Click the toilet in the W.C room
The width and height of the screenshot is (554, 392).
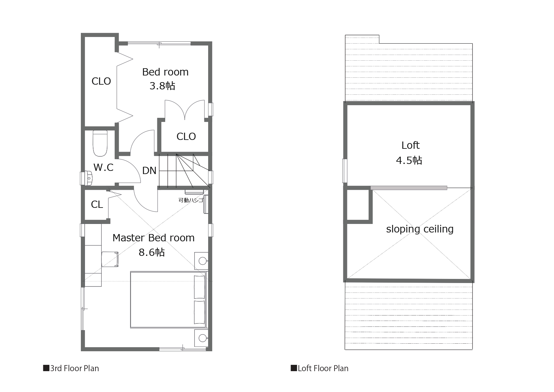coord(100,144)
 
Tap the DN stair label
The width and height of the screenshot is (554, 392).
coord(149,171)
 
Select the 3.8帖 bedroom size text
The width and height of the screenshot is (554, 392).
coord(162,86)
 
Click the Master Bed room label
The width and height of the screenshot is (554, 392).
coord(154,238)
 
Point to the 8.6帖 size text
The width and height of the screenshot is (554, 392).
coord(152,252)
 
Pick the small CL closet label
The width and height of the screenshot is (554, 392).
coord(97,205)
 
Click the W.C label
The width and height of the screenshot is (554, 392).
coord(104,167)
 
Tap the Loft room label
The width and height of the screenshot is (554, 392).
coord(410,145)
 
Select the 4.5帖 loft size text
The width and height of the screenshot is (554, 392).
coord(409,160)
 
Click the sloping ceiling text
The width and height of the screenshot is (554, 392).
coord(420,229)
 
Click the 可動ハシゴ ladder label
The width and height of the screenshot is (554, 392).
coord(191,200)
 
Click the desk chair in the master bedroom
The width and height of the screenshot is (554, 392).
coord(110,259)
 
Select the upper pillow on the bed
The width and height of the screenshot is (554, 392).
coord(199,287)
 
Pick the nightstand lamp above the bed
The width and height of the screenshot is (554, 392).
coord(202,261)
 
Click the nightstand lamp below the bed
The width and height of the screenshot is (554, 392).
coord(202,338)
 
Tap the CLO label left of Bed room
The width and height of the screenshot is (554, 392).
coord(101,81)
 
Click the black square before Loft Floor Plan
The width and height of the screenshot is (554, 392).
coord(294,368)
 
